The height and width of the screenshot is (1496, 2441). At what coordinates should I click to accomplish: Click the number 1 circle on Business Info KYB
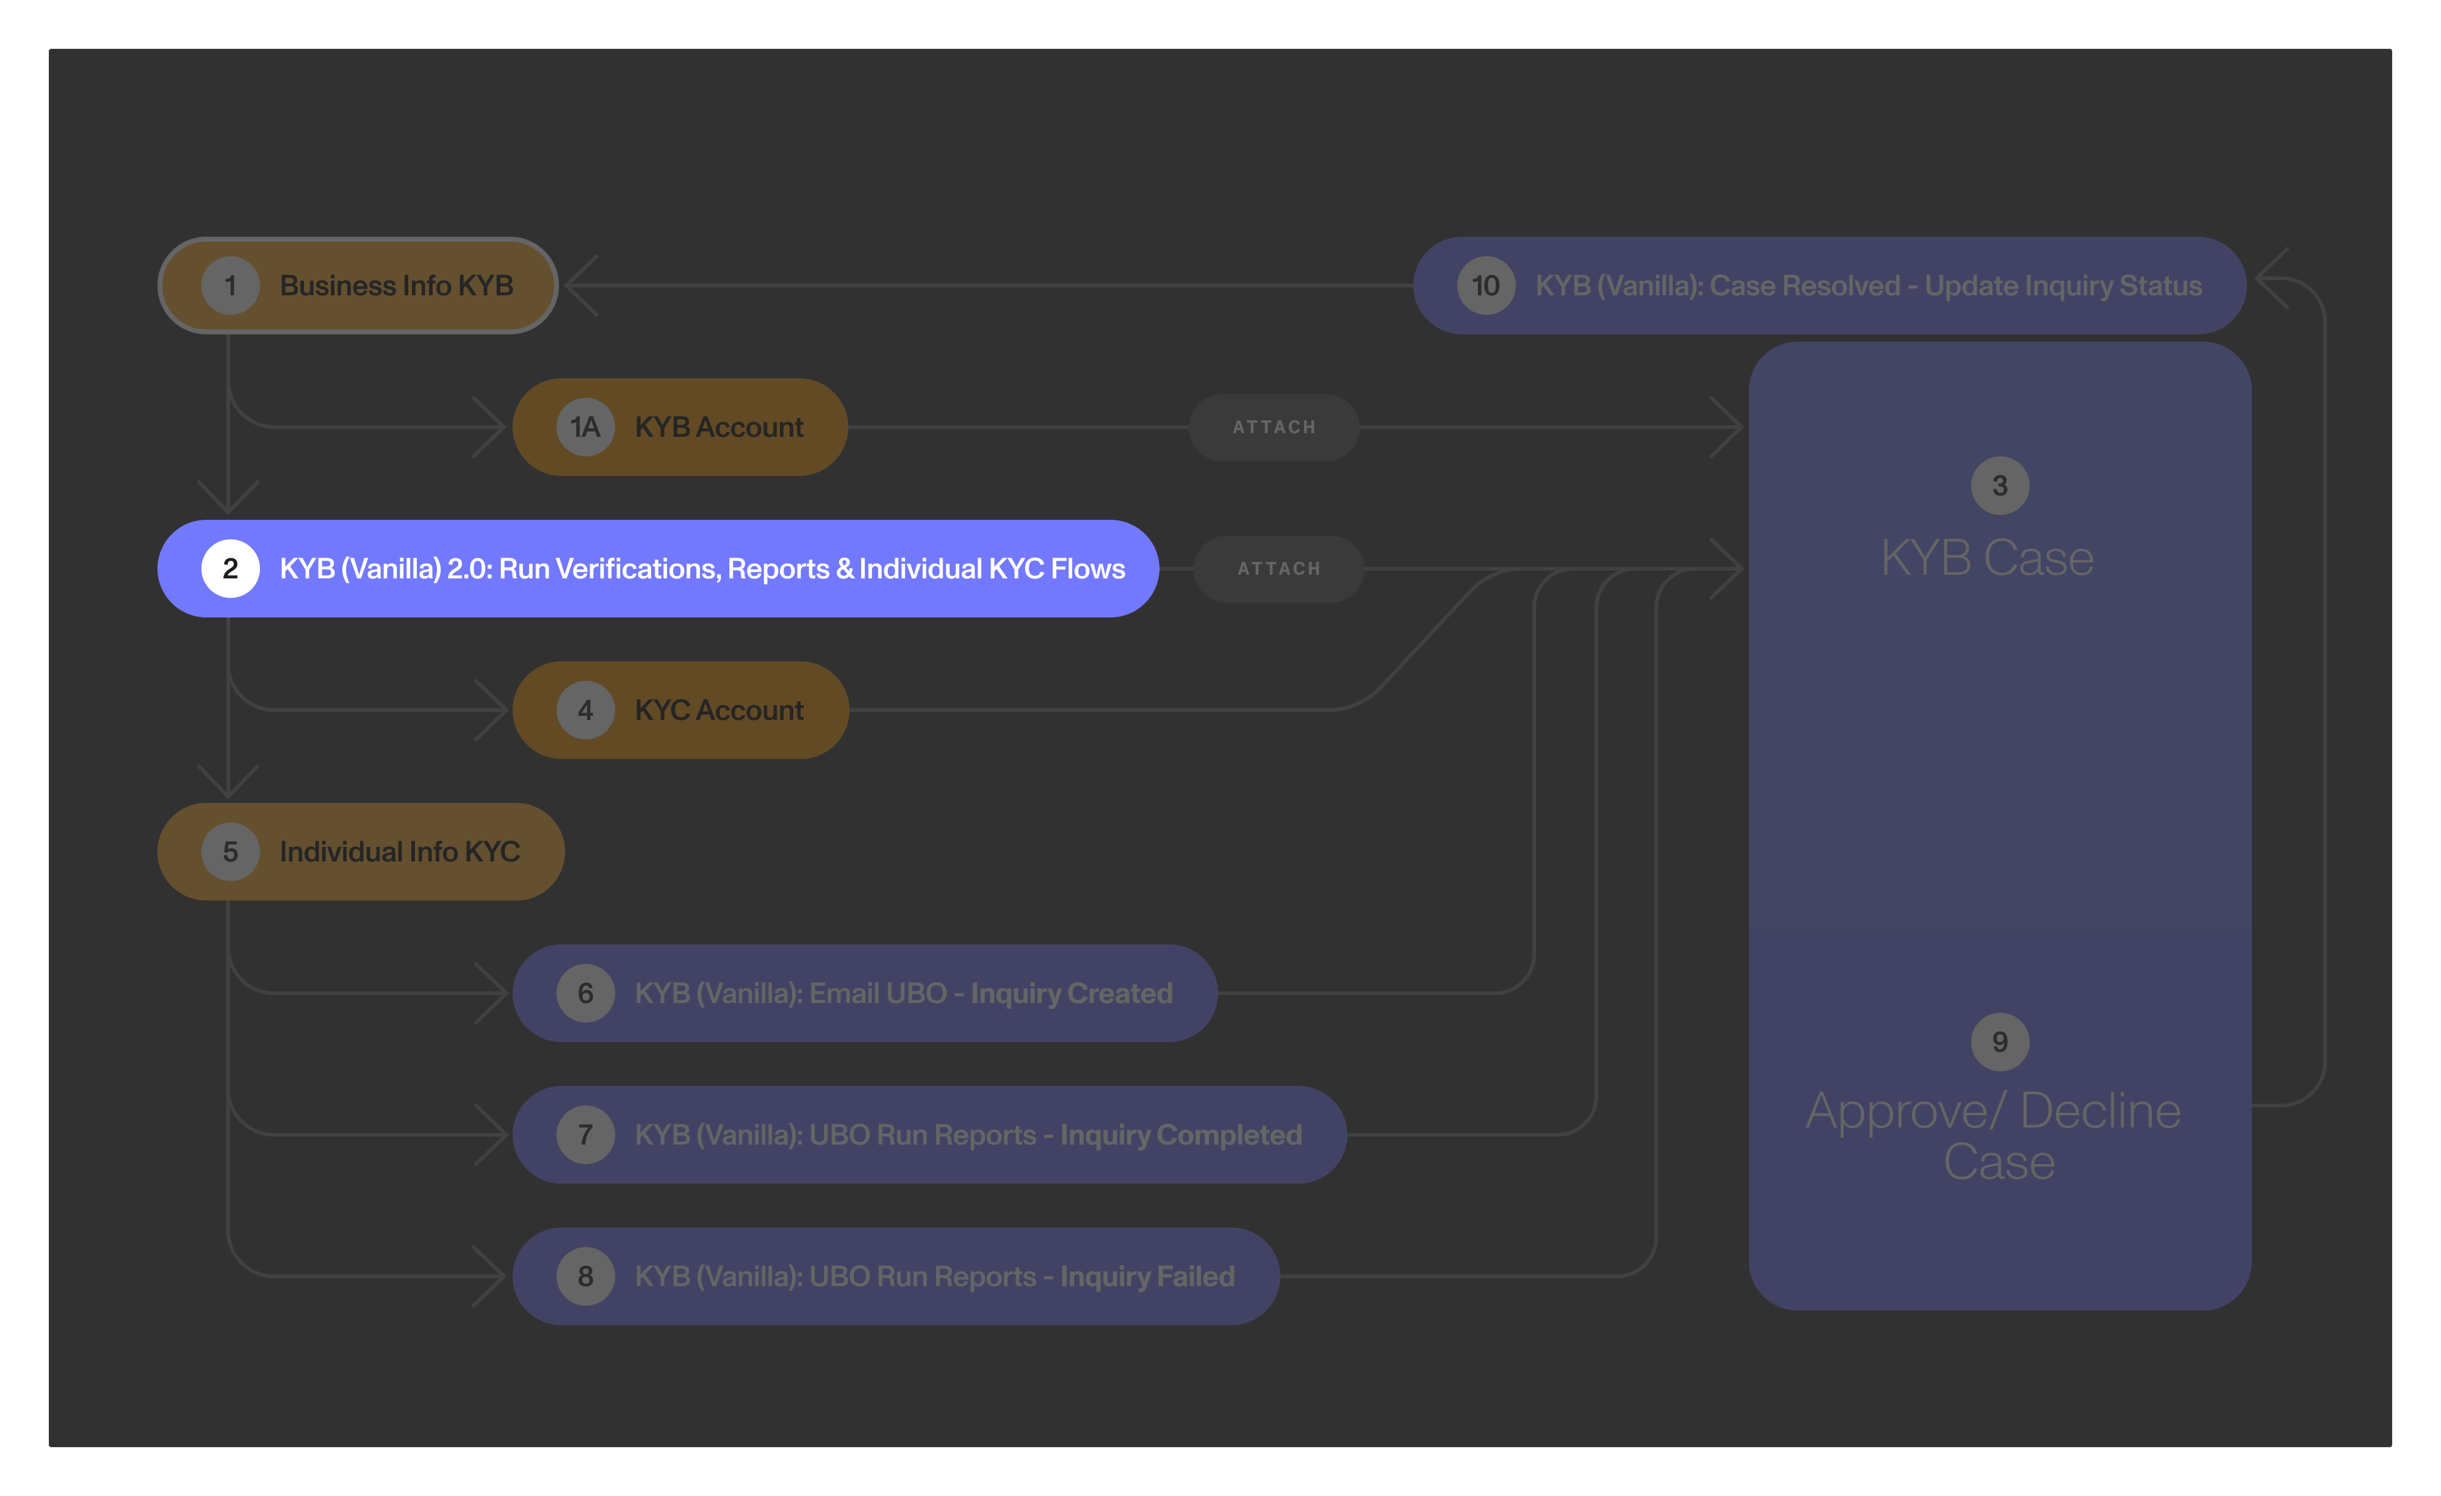tap(230, 286)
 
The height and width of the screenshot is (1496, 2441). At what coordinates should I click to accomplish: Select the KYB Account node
tap(680, 427)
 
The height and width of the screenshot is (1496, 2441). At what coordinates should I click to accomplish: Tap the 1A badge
tap(585, 427)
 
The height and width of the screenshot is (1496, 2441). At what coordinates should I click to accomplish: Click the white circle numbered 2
tap(230, 569)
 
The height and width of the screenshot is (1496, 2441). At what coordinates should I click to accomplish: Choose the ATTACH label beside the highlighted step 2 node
tap(1278, 569)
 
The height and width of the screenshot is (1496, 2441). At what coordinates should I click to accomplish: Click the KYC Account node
tap(680, 710)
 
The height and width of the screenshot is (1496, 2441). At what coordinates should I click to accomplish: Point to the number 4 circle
tap(585, 710)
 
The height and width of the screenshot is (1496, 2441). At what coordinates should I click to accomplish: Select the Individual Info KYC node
tap(361, 852)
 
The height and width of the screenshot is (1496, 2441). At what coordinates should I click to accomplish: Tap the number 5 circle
tap(230, 852)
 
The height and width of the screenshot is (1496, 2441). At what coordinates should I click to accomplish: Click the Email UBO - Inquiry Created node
tap(864, 993)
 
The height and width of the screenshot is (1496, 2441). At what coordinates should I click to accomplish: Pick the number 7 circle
tap(585, 1134)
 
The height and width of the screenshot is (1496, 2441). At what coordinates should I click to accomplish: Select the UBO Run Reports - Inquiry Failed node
tap(896, 1276)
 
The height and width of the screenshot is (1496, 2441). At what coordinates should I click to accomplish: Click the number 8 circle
tap(585, 1276)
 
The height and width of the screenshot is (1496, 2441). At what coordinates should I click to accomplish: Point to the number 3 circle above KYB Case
tap(1999, 486)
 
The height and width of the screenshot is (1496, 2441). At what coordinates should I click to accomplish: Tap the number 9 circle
tap(1999, 1042)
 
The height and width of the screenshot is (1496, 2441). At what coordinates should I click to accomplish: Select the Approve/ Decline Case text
tap(1993, 1135)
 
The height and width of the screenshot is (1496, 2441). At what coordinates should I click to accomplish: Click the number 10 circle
tap(1485, 286)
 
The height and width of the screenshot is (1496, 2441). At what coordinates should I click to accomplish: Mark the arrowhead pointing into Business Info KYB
tap(580, 286)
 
